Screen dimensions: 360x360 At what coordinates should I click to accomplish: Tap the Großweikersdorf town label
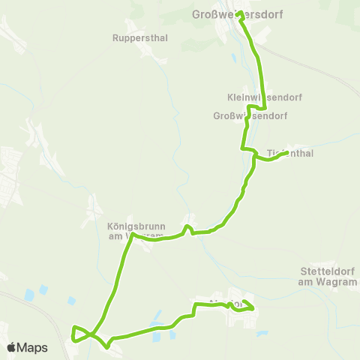[x=243, y=13]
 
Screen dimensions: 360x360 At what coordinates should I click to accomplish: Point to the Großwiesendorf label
[x=250, y=116]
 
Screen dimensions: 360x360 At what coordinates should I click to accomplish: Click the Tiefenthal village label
[x=289, y=153]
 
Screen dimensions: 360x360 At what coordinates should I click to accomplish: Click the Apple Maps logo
[x=27, y=347]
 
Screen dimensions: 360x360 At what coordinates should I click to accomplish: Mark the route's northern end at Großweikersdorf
[x=238, y=13]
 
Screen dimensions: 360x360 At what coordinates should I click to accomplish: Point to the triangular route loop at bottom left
[x=79, y=334]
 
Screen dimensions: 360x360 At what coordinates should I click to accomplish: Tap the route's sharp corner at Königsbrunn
[x=132, y=235]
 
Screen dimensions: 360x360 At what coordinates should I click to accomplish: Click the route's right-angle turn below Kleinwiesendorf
[x=265, y=109]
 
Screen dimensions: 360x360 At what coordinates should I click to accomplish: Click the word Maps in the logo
[x=34, y=347]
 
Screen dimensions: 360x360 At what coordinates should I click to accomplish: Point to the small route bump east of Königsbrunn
[x=189, y=221]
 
